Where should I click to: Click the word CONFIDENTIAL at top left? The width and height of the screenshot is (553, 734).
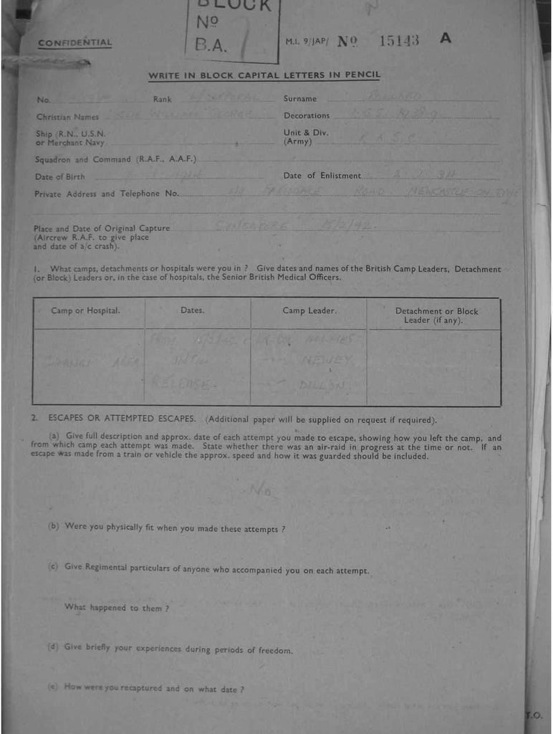[x=75, y=43]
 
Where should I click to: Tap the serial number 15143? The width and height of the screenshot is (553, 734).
[x=398, y=41]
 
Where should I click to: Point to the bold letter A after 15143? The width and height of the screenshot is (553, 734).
[x=446, y=39]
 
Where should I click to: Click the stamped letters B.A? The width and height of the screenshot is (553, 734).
[x=210, y=46]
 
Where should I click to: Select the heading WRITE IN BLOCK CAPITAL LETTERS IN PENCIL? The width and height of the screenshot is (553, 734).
[x=264, y=75]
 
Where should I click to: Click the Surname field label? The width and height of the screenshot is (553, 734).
[x=300, y=99]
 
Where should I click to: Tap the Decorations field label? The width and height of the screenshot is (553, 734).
[x=307, y=115]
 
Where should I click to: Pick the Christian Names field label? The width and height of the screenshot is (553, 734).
[x=67, y=116]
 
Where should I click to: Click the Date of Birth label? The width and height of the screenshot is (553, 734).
[x=59, y=176]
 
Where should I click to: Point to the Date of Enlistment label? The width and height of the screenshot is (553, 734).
[x=322, y=176]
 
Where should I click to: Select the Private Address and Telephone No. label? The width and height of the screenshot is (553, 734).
[x=107, y=194]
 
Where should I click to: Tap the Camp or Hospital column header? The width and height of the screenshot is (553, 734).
[x=85, y=311]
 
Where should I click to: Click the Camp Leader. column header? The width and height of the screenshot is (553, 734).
[x=309, y=311]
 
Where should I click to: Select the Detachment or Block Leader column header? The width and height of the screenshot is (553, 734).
[x=436, y=315]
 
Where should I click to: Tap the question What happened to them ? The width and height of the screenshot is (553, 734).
[x=117, y=608]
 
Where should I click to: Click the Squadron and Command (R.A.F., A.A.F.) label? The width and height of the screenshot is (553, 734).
[x=115, y=159]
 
